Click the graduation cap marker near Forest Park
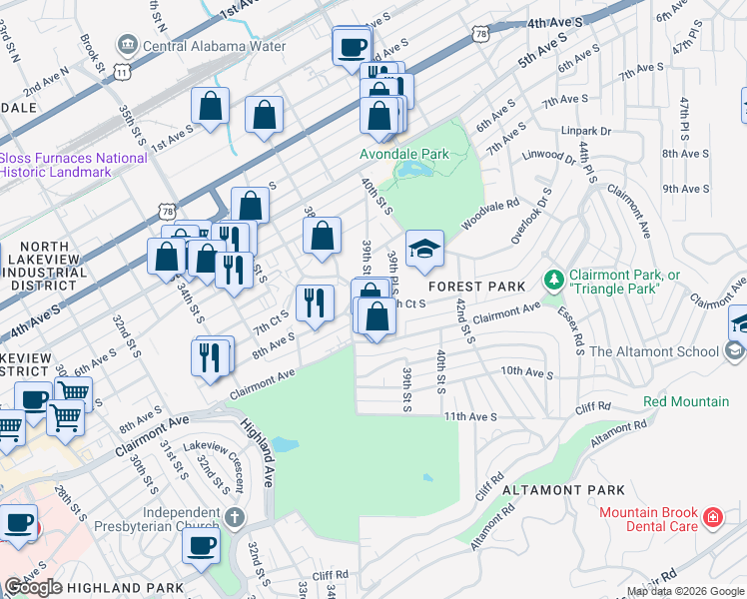click(424, 251)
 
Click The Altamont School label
click(654, 350)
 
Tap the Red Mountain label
click(685, 401)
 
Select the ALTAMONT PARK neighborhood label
click(563, 490)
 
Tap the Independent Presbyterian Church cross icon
click(234, 517)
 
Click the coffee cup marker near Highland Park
click(201, 546)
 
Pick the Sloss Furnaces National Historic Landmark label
click(73, 165)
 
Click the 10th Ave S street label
click(526, 371)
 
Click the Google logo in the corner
click(34, 587)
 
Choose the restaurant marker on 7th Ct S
click(315, 303)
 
